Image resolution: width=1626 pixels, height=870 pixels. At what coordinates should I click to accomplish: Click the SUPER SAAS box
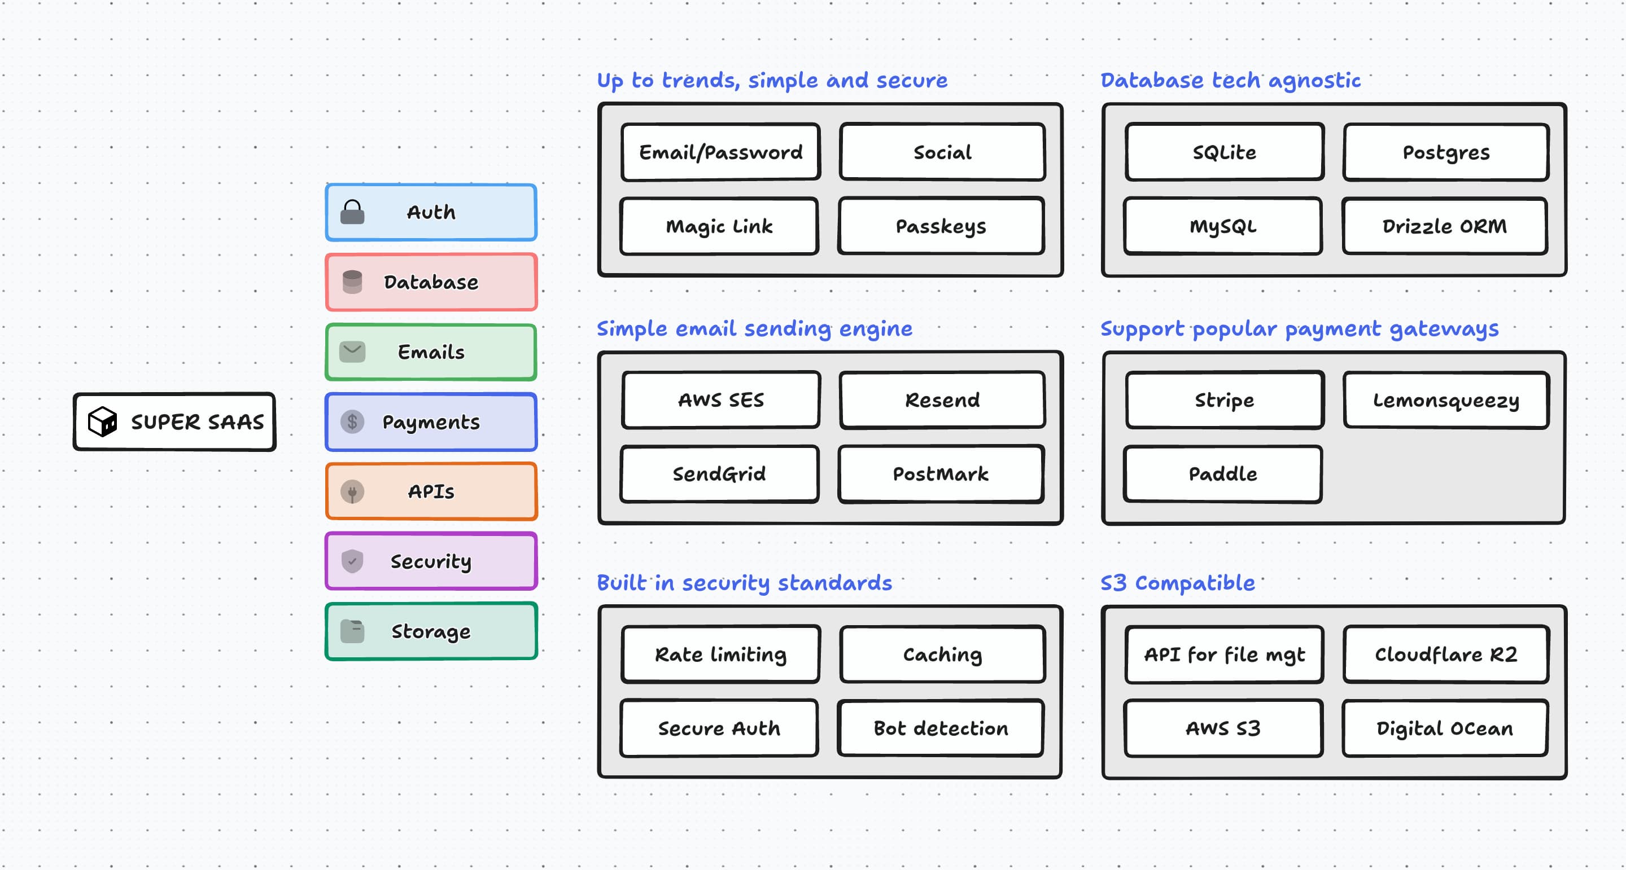coord(174,421)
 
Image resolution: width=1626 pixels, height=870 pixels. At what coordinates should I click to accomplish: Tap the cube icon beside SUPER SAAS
coord(102,421)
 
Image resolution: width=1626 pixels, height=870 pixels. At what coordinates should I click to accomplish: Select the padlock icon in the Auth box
coord(352,213)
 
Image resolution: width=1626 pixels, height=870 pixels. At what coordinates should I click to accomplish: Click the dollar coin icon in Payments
coord(352,421)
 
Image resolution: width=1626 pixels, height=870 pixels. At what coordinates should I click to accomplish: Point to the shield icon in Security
coord(352,561)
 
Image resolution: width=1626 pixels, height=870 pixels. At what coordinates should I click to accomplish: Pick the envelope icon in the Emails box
coord(352,352)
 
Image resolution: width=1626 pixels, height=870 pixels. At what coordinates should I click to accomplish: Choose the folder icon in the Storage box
coord(352,631)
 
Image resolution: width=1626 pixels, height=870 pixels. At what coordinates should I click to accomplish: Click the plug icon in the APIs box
coord(352,491)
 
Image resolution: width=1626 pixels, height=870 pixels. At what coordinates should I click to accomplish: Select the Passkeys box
coord(941,226)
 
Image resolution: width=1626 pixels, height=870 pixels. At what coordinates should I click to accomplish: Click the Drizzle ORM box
coord(1444,226)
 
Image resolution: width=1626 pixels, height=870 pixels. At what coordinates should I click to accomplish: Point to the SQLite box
coord(1224,152)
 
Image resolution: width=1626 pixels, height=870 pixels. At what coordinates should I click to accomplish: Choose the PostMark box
coord(941,474)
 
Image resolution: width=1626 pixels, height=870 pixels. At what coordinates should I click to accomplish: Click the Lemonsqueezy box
coord(1445,400)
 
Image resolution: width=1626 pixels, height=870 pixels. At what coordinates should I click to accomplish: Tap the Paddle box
coord(1223,474)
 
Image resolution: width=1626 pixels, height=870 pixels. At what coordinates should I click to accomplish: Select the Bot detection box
coord(941,728)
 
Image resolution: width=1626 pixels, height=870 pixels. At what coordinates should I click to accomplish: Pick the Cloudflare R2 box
coord(1445,654)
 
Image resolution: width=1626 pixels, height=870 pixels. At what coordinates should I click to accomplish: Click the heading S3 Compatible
coord(1177,582)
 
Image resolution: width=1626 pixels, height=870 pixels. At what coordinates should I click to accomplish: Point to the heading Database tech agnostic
coord(1230,80)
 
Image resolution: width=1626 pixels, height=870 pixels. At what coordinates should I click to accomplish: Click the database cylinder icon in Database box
coord(352,282)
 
